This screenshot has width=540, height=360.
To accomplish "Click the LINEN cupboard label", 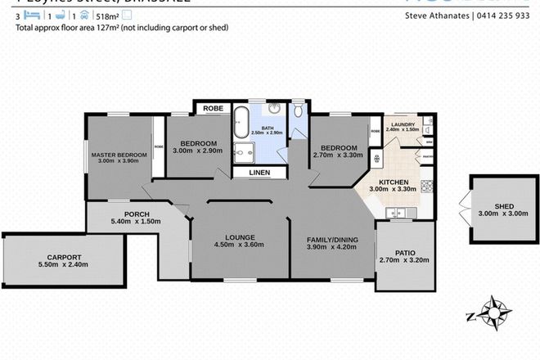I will click(259, 173).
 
